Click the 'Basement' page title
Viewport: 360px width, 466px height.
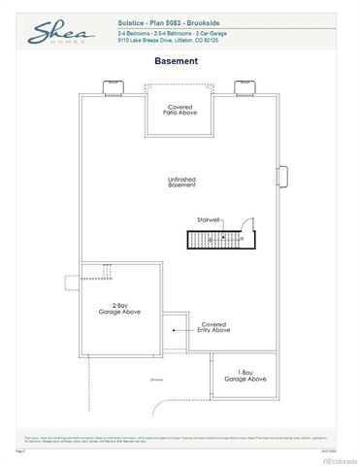(177, 61)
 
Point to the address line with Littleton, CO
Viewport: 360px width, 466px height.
(168, 42)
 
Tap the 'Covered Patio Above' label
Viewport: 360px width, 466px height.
(180, 110)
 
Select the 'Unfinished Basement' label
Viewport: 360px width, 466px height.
(181, 182)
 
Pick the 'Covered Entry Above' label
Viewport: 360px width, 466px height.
(214, 328)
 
